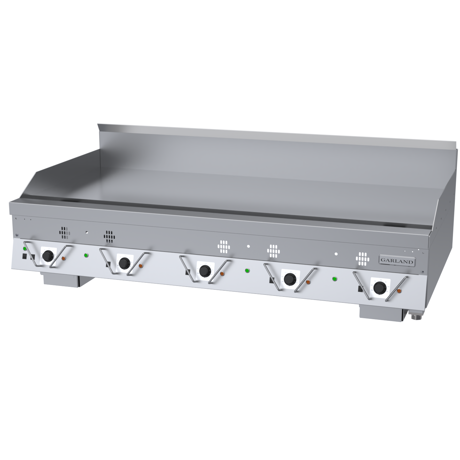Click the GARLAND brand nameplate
[x=397, y=260]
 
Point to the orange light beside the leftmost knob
[x=64, y=258]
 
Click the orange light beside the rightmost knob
[x=399, y=291]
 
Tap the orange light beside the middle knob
[x=222, y=274]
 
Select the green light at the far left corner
[x=25, y=249]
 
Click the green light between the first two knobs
[x=86, y=255]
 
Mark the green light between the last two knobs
[x=334, y=279]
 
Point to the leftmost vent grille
[x=65, y=233]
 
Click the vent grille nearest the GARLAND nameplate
[x=362, y=259]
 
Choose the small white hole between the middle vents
[x=248, y=246]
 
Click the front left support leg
[x=61, y=280]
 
